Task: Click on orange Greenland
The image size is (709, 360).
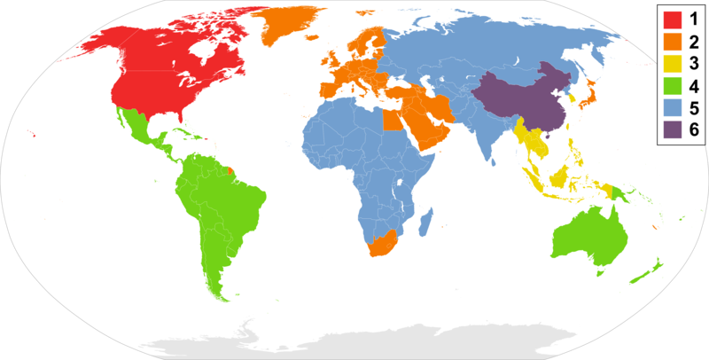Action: [297, 27]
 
